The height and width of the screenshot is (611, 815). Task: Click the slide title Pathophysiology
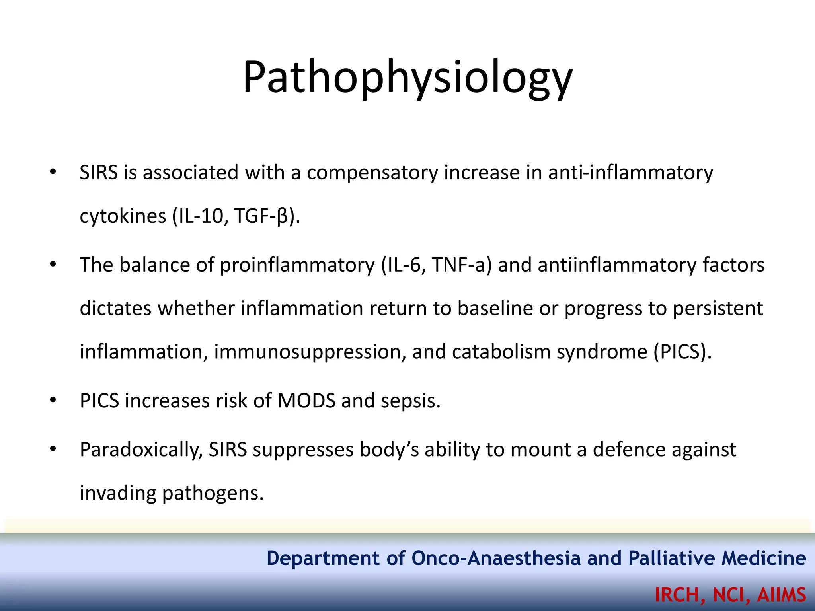click(x=407, y=78)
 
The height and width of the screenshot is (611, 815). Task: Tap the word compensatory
click(x=372, y=173)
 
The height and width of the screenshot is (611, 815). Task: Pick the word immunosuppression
click(x=310, y=352)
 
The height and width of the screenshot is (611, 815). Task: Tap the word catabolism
click(x=501, y=352)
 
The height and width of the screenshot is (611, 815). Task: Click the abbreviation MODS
click(x=306, y=401)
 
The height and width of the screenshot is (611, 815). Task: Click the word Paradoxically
click(x=141, y=450)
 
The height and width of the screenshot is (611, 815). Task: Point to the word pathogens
click(x=213, y=494)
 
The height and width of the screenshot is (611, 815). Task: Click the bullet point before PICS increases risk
click(x=53, y=400)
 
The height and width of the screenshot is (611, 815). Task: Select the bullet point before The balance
click(x=53, y=265)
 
